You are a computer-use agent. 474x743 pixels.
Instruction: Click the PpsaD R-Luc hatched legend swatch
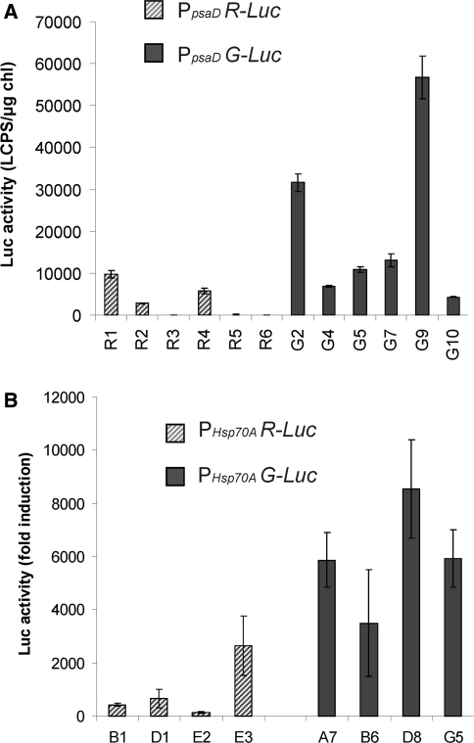click(x=153, y=13)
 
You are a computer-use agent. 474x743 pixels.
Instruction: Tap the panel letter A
click(x=9, y=9)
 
